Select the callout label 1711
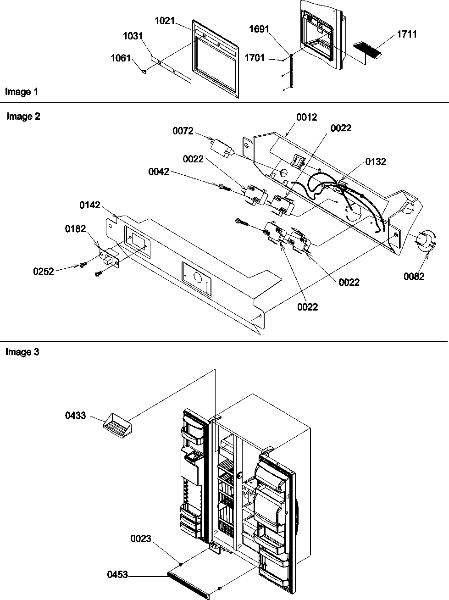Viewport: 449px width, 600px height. (407, 34)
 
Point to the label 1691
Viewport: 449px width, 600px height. (259, 29)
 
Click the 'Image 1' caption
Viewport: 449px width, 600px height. (22, 92)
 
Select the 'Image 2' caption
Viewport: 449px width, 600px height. (23, 117)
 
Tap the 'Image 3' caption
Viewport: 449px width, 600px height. (22, 352)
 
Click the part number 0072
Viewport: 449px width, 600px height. (183, 131)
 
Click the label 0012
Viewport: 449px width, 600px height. (306, 117)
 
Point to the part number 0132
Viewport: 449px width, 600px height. (376, 161)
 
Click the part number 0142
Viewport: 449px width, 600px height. (90, 205)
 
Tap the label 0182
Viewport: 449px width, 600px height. (75, 229)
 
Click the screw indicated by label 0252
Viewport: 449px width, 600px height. (83, 264)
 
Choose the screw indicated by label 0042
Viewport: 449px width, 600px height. (223, 187)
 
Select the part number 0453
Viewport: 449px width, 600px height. (118, 574)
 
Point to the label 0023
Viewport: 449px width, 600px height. (140, 539)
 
